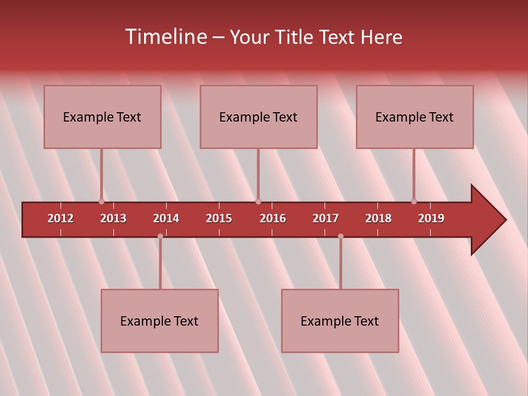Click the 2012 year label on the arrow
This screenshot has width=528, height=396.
(x=61, y=218)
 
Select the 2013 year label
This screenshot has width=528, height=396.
(x=113, y=218)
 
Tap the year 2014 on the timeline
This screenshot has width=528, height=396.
(x=166, y=218)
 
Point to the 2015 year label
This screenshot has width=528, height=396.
(x=219, y=218)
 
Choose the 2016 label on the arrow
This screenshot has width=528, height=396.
(x=273, y=218)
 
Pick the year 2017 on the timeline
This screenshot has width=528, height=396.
(x=326, y=218)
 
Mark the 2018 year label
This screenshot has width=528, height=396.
(x=378, y=218)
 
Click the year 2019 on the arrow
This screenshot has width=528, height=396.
(x=431, y=218)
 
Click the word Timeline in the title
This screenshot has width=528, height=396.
(x=165, y=37)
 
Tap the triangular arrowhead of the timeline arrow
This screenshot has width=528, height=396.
(x=487, y=220)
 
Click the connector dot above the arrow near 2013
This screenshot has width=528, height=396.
(x=101, y=201)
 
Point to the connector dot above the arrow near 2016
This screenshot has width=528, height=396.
(x=258, y=201)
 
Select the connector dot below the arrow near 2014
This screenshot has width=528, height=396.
(x=160, y=237)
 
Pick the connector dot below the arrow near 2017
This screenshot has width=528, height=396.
(x=340, y=237)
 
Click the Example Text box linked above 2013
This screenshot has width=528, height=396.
(x=102, y=117)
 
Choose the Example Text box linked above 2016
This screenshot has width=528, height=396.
(x=258, y=117)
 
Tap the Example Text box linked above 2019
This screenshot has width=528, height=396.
(x=415, y=117)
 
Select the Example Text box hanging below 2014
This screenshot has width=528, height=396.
(x=159, y=321)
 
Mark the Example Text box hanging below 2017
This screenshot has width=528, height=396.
(x=340, y=321)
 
